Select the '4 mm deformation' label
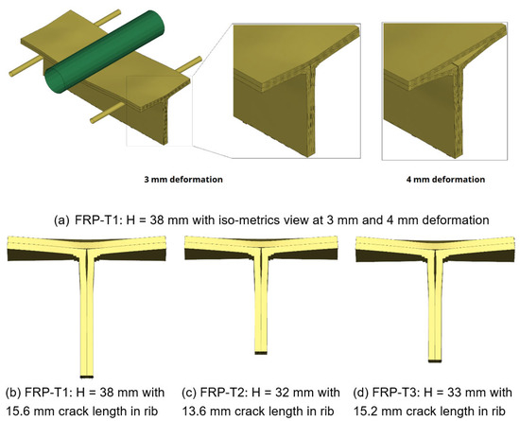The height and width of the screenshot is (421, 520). pos(444,177)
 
